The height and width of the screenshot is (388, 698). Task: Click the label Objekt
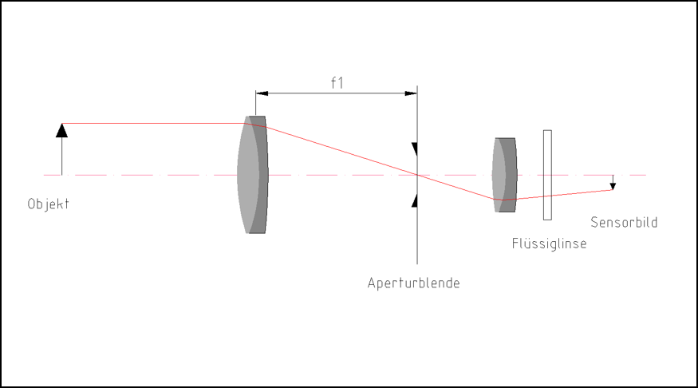tap(48, 204)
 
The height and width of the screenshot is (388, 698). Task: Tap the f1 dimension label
tap(337, 83)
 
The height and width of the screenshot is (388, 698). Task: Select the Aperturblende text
tap(413, 283)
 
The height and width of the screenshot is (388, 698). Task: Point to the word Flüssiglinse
tap(549, 243)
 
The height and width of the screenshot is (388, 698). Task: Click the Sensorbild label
tap(624, 222)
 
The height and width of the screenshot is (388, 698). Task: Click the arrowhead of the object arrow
tap(62, 130)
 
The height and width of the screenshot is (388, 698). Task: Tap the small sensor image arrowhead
tap(613, 186)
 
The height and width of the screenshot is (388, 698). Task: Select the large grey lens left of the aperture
tap(252, 175)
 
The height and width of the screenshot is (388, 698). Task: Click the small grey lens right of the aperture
tap(504, 175)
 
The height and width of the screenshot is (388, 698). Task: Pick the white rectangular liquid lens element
tap(547, 175)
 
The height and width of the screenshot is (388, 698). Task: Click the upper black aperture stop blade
tap(415, 149)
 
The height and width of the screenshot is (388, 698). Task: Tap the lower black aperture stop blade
tap(415, 201)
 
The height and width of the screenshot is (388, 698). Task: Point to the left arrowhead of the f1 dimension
tap(262, 93)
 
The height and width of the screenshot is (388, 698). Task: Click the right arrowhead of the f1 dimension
tap(411, 93)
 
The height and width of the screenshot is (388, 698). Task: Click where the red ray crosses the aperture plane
tap(417, 175)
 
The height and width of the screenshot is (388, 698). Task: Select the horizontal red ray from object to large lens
tap(154, 124)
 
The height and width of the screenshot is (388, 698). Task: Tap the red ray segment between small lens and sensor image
tap(558, 195)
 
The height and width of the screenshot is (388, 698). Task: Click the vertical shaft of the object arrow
tap(62, 156)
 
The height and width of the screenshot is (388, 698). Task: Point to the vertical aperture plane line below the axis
tap(417, 220)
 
